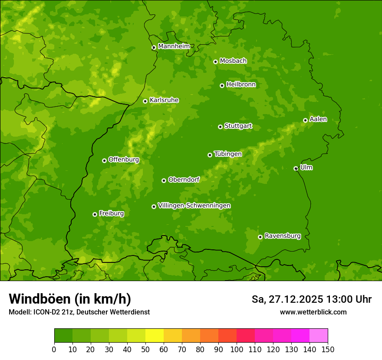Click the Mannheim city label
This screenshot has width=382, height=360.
click(174, 46)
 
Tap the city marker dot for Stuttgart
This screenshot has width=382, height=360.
click(220, 127)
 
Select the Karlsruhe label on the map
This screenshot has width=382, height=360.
click(164, 100)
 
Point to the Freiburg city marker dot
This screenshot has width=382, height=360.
click(95, 214)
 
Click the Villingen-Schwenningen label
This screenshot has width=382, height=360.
click(194, 206)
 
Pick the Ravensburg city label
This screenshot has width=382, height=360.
click(283, 236)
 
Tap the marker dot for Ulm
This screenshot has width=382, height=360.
click(296, 168)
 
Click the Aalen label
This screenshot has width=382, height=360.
click(318, 119)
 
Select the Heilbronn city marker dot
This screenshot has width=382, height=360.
click(222, 85)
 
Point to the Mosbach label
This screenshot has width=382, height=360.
click(233, 61)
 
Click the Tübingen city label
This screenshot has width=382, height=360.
click(228, 154)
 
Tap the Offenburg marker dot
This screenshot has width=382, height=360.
click(104, 160)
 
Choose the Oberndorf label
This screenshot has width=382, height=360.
click(184, 180)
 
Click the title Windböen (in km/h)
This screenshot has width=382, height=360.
click(70, 299)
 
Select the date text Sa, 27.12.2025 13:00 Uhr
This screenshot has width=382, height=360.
click(311, 299)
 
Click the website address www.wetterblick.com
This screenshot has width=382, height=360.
click(313, 312)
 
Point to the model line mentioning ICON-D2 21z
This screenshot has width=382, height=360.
click(79, 312)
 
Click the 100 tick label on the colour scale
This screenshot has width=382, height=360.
click(237, 350)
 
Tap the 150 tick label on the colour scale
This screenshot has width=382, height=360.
click(328, 350)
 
